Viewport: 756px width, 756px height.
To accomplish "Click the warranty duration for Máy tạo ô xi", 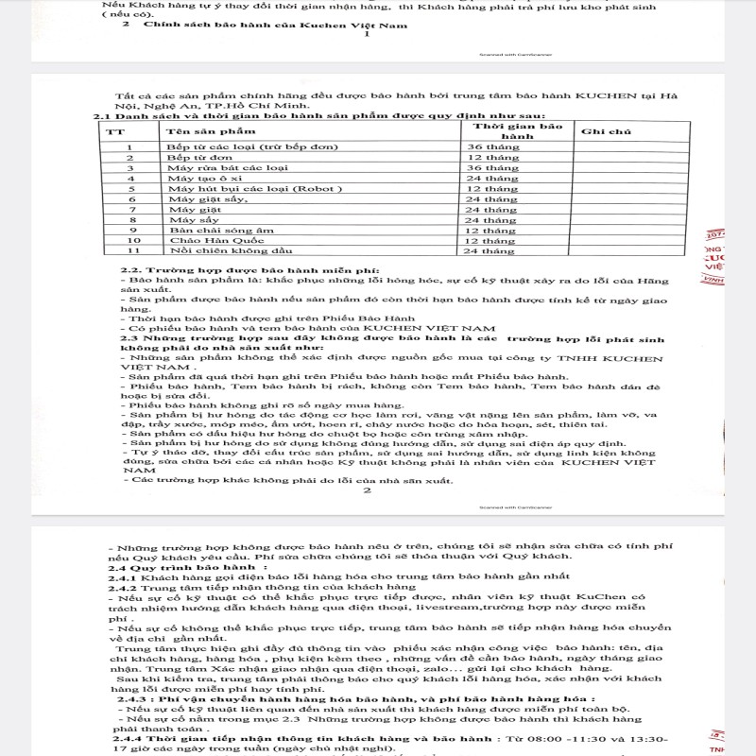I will click(490, 178).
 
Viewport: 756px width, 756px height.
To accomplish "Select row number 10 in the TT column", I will click(131, 240).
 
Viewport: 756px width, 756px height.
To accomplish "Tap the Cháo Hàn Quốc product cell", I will click(204, 240).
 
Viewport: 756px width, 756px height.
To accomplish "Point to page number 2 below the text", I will click(368, 490).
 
